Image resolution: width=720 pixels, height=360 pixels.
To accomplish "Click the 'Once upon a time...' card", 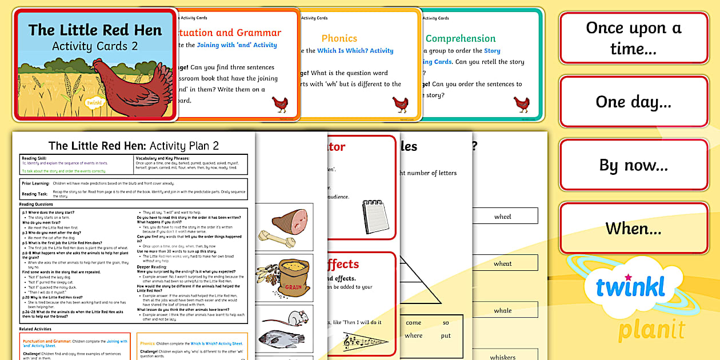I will pos(634,38).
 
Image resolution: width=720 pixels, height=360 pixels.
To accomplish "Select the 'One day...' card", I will pos(634,102).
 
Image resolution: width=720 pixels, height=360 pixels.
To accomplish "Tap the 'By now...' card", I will pos(634,165).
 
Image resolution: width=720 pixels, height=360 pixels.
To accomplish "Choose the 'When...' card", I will pos(634,229).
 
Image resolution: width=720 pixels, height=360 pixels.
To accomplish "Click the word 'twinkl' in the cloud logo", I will pos(630,286).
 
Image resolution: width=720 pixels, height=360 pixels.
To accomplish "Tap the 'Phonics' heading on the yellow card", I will pos(339,38).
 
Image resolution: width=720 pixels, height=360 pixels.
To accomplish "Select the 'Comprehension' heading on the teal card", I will pos(460,38).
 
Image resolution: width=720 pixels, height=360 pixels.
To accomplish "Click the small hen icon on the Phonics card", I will pos(400,104).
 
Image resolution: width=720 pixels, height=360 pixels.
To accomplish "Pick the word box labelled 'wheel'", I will pos(502,216).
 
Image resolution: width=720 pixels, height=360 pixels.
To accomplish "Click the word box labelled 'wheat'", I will pos(502,263).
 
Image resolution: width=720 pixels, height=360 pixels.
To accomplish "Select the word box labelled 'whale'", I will pos(502,310).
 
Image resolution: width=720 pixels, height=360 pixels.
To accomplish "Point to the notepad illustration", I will pos(375,216).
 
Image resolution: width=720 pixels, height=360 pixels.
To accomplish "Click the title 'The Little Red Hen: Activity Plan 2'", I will pos(134,146).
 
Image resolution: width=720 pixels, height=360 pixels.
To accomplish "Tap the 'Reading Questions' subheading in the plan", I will pos(36,204).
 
